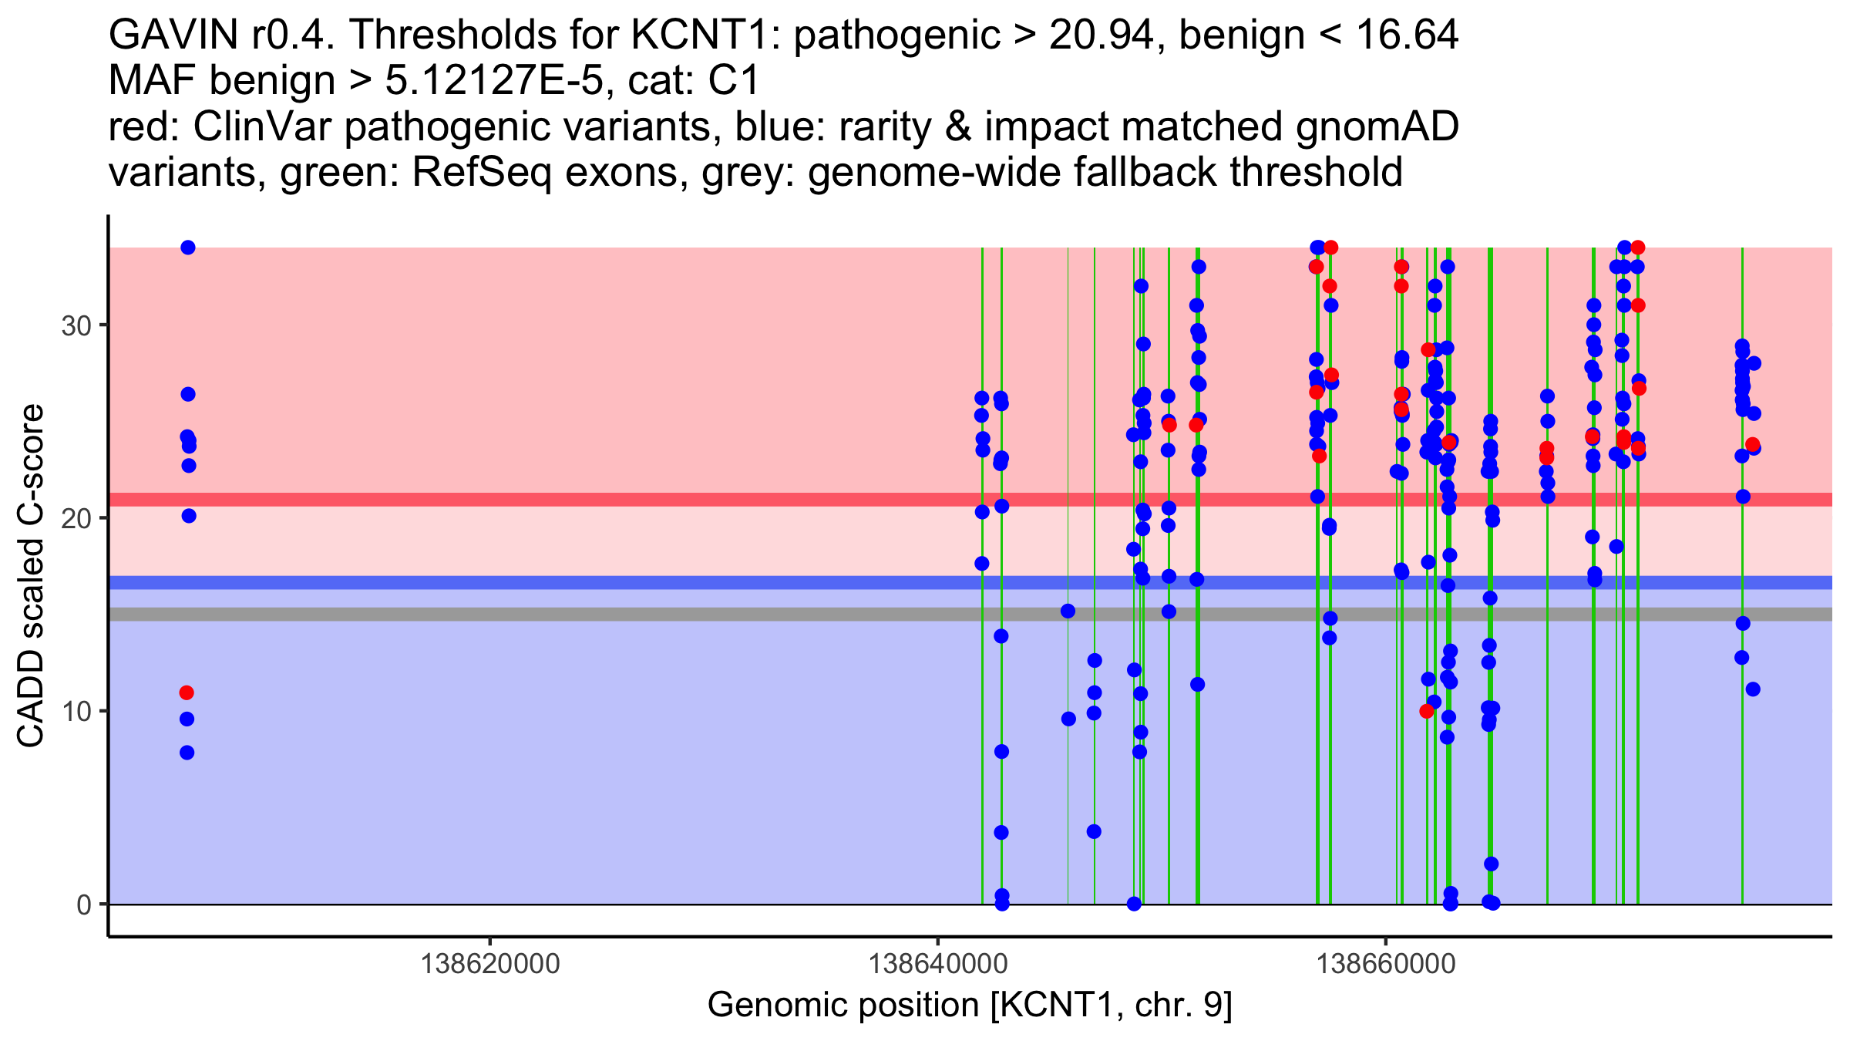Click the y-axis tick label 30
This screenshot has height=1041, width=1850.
(76, 325)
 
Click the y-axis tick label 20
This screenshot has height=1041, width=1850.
(76, 518)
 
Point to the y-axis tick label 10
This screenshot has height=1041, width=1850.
(76, 711)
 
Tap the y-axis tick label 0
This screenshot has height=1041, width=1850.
(83, 905)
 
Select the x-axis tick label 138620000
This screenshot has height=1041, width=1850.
(490, 964)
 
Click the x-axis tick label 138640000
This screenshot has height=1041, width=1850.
(938, 964)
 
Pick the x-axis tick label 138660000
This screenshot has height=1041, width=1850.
(1386, 964)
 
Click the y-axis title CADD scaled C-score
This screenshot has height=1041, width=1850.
(31, 577)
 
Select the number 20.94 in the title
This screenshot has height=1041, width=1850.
(1101, 35)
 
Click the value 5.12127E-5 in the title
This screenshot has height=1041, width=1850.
(493, 81)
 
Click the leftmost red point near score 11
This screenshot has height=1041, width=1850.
(187, 692)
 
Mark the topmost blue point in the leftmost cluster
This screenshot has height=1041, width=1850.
(188, 248)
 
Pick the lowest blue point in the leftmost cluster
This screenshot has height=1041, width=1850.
(187, 753)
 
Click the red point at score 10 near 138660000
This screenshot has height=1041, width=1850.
(1427, 711)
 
